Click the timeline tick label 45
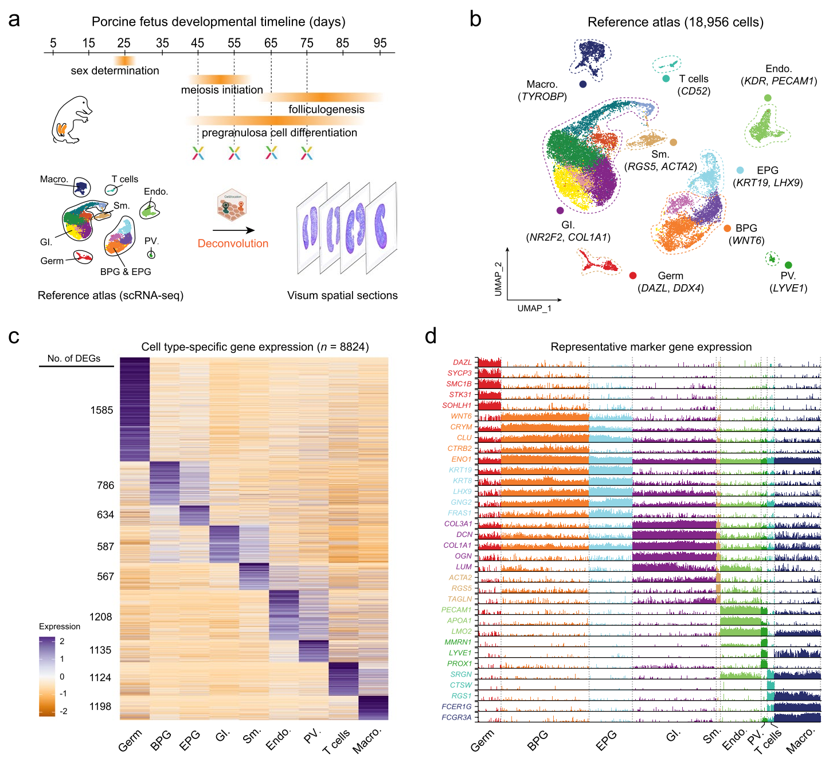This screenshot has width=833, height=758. (198, 43)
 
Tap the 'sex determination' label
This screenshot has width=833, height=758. (115, 70)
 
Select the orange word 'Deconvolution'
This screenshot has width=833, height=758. (233, 243)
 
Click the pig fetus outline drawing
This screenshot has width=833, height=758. (70, 120)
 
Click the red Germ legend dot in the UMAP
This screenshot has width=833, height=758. (633, 276)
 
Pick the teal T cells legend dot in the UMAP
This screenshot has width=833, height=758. (666, 78)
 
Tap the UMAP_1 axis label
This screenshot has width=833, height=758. (534, 308)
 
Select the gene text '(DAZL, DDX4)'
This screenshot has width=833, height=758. (671, 288)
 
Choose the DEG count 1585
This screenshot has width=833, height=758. (101, 410)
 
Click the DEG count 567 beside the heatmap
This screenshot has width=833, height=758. (105, 576)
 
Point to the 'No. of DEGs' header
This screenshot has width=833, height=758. (74, 359)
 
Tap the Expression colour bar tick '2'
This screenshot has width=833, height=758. (62, 641)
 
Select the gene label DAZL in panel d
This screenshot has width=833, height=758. (462, 362)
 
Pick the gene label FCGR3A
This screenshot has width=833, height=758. (456, 717)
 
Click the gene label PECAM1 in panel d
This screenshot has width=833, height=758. (456, 610)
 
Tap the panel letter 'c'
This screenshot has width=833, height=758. (14, 336)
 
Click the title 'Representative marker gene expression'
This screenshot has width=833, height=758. (651, 347)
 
